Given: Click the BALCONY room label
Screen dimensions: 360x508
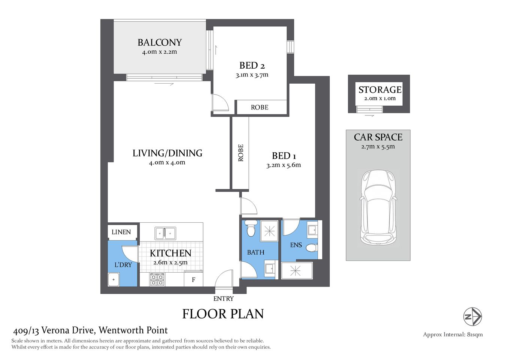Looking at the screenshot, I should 160,42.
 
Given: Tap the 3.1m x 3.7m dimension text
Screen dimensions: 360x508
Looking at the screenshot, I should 252,75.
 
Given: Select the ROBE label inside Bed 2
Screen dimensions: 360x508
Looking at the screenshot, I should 260,107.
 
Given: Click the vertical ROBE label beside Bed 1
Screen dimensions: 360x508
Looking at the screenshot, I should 241,153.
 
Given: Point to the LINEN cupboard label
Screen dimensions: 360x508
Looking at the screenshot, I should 121,232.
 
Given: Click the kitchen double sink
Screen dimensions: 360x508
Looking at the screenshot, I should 165,233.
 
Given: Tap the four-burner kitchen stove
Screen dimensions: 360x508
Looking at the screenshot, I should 157,279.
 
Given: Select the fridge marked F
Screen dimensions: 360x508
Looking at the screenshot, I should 194,280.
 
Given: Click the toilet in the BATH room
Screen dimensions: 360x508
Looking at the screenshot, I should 250,228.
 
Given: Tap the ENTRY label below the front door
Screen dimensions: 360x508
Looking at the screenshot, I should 223,299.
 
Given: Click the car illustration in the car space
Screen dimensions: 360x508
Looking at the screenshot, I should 378,207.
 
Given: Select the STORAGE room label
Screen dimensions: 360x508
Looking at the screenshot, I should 380,90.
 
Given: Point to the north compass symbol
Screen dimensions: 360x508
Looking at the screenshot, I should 472,316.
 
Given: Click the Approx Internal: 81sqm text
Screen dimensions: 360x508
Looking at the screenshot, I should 453,334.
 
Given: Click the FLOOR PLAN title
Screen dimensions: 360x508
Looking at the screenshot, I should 223,314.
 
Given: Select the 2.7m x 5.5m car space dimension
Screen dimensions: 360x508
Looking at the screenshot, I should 378,147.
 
